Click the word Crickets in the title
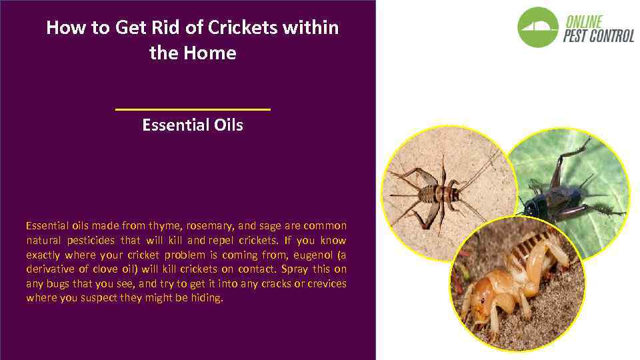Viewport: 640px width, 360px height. tap(243, 28)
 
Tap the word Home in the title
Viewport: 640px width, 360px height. tap(212, 53)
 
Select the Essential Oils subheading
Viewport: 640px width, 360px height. tap(193, 125)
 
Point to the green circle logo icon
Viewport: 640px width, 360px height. tap(538, 27)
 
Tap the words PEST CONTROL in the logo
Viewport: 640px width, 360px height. tap(598, 36)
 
